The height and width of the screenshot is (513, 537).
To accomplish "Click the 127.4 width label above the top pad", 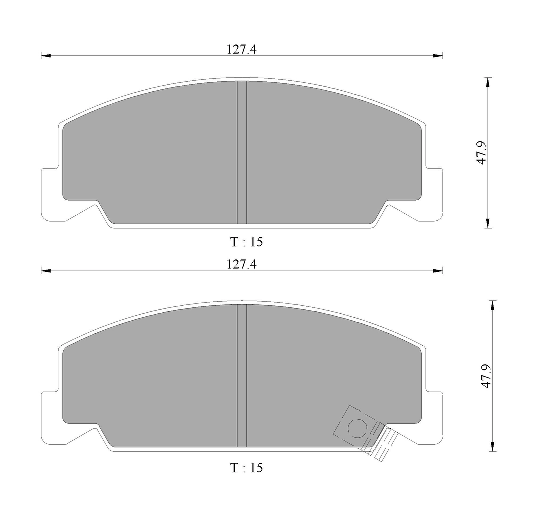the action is (242, 49).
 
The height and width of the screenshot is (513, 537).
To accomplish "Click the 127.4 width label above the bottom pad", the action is (242, 264).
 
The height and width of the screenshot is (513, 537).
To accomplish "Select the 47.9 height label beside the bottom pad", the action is (486, 375).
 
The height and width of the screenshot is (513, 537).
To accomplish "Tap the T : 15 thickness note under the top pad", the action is (246, 242).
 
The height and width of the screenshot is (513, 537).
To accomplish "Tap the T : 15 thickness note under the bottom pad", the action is (246, 467).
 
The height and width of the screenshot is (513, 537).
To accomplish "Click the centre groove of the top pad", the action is (242, 153).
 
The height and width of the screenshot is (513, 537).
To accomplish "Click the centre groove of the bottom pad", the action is (242, 376).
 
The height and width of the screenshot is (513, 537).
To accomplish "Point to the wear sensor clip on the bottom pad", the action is (366, 433).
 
